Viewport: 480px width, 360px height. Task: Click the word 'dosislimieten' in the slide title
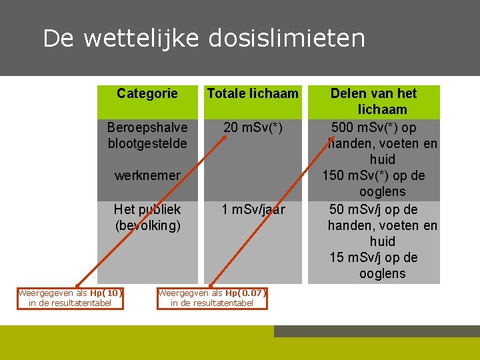tap(287, 39)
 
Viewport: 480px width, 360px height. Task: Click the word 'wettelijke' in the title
tap(141, 39)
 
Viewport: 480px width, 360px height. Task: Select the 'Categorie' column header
tap(147, 93)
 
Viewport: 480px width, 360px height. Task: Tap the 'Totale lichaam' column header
tap(253, 93)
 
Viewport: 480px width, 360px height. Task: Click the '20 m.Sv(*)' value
tap(253, 127)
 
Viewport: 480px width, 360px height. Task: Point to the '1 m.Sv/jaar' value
tap(253, 209)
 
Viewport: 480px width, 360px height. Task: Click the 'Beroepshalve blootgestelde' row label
tap(147, 135)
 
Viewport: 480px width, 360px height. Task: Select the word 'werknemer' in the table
tap(147, 176)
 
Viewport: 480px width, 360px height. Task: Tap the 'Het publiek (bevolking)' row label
tap(147, 217)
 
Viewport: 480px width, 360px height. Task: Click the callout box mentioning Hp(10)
tap(71, 298)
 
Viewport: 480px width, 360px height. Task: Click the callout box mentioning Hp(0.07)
tap(212, 298)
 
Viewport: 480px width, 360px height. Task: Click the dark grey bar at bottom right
tap(377, 331)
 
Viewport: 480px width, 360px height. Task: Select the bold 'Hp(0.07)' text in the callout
tap(245, 293)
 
